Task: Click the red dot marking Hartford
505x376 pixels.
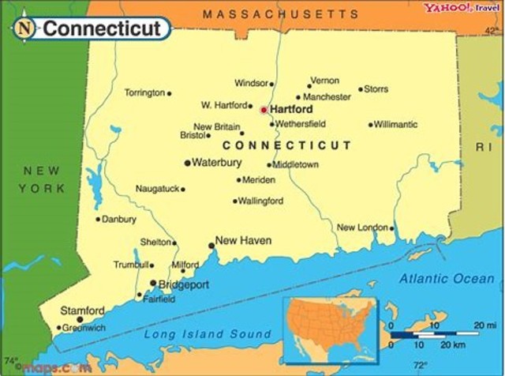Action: point(264,110)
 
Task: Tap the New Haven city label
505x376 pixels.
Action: point(243,240)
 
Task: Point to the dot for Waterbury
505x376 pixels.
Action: point(187,163)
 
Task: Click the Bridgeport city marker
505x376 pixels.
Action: point(153,283)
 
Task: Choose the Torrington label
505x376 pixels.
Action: point(144,92)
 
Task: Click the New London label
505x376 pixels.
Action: point(362,227)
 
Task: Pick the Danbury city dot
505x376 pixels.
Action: point(99,219)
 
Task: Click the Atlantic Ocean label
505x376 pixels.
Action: point(445,278)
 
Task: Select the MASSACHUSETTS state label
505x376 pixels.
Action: point(280,14)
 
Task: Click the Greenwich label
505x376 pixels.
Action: point(85,327)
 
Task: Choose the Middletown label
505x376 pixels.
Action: point(296,164)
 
